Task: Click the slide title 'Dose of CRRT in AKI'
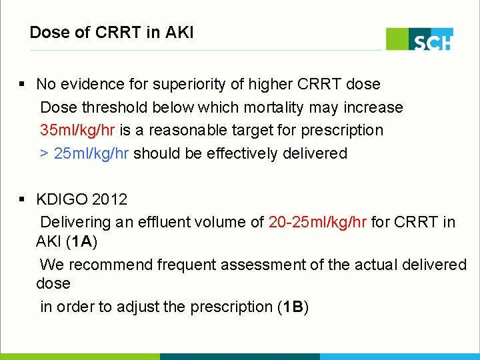(111, 32)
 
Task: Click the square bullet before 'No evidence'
(22, 85)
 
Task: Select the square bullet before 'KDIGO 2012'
(22, 199)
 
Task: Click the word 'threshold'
(116, 107)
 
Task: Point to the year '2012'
(110, 199)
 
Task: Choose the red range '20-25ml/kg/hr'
(317, 222)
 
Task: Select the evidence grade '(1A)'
(82, 241)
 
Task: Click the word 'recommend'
(112, 265)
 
